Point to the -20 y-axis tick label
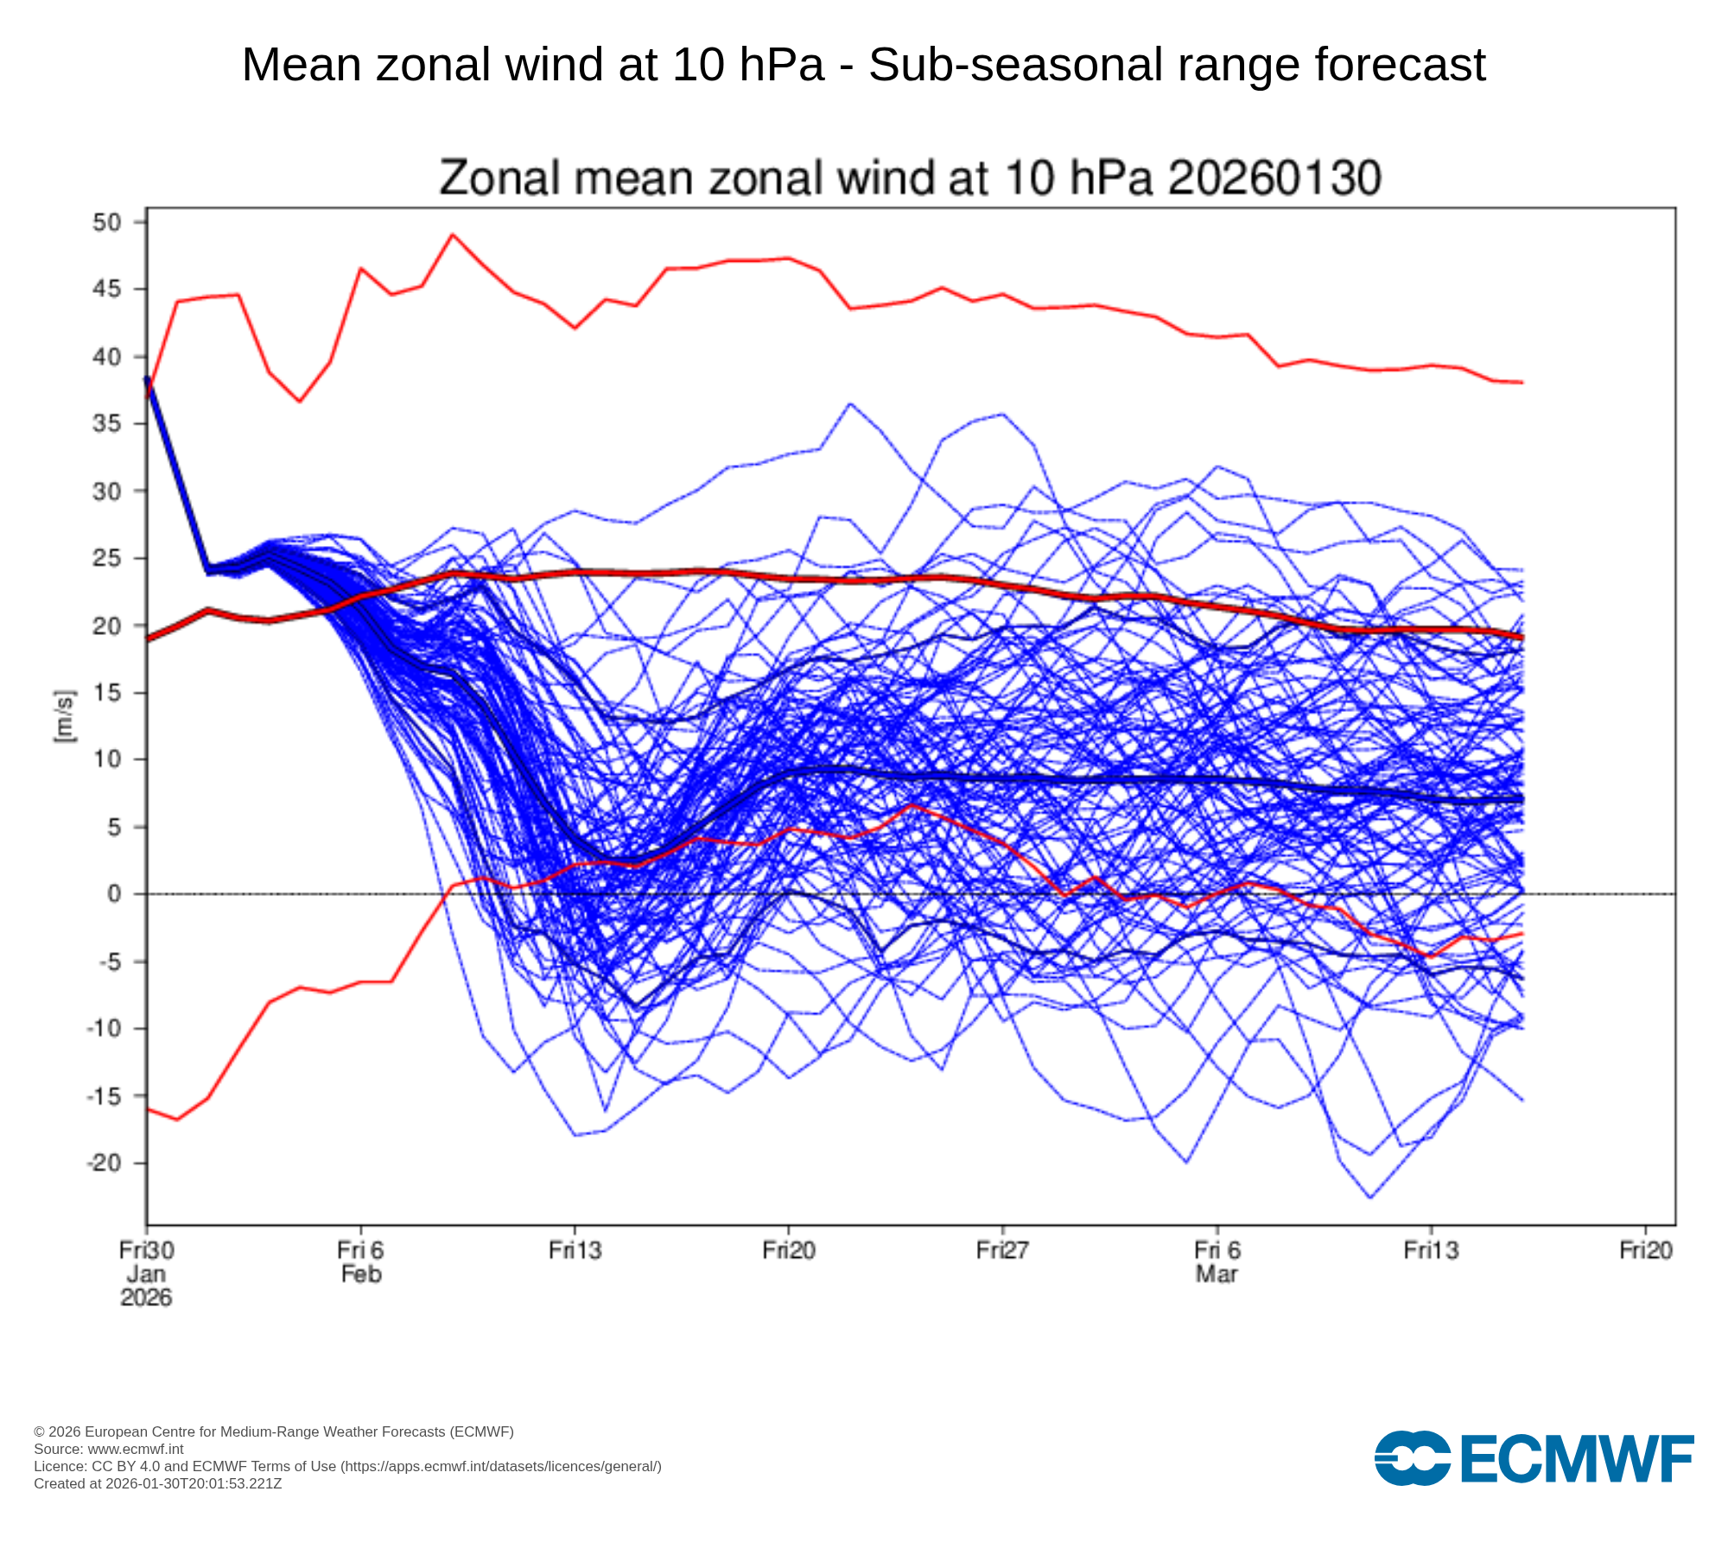[x=103, y=1163]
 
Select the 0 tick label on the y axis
[x=114, y=894]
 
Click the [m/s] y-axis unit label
[x=65, y=716]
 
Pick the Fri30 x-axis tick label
[x=146, y=1250]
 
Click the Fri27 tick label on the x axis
[x=1002, y=1250]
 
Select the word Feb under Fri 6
[x=361, y=1274]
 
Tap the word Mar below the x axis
[x=1217, y=1274]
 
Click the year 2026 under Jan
[x=146, y=1298]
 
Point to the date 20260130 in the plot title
[x=1274, y=178]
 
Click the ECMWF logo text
[x=1577, y=1459]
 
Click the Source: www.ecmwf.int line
[x=109, y=1449]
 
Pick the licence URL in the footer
[x=501, y=1466]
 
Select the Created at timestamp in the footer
[x=158, y=1483]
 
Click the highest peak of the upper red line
[x=453, y=234]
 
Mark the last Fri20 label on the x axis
[x=1645, y=1250]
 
